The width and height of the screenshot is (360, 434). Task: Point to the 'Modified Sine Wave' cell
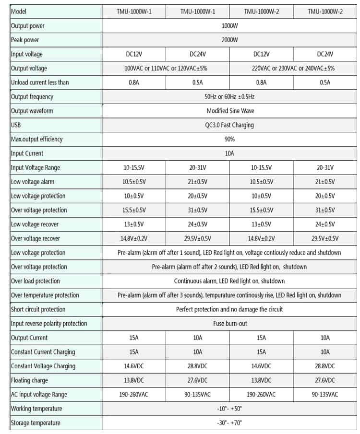(230, 111)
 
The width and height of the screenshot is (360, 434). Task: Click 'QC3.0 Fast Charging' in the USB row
(229, 125)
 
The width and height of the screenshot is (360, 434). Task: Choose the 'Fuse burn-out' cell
(230, 323)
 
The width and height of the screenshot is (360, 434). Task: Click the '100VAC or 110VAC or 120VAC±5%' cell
(166, 68)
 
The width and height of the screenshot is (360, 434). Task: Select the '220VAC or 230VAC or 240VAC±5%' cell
(293, 68)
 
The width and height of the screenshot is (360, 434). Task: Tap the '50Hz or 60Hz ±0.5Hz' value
(229, 96)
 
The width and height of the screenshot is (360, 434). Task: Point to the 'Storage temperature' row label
(36, 422)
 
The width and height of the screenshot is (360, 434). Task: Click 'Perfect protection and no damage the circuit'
(229, 309)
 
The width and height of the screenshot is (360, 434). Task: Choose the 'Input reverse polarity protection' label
(49, 323)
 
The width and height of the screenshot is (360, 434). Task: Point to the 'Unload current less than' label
(40, 82)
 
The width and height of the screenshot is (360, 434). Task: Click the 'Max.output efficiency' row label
(37, 139)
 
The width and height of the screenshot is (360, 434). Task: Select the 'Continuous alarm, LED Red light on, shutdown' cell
(229, 281)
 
